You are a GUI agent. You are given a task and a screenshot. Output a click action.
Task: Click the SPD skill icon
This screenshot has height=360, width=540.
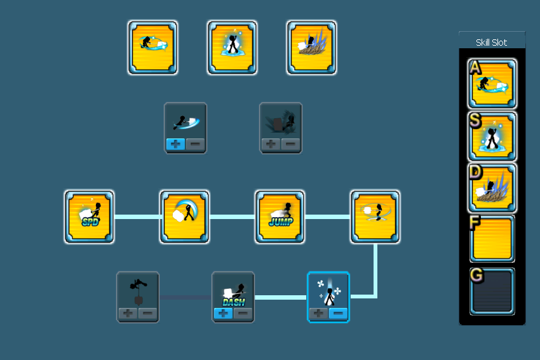[89, 217]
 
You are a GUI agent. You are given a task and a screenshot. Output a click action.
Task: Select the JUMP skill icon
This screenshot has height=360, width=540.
[280, 217]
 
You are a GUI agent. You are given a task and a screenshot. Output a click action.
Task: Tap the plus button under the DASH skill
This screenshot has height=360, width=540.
[223, 314]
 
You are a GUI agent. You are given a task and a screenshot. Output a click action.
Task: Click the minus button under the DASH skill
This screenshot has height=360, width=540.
[243, 314]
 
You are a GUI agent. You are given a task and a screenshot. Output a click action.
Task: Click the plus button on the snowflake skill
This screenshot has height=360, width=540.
[318, 314]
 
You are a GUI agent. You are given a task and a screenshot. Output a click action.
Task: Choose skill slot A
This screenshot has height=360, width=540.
[492, 84]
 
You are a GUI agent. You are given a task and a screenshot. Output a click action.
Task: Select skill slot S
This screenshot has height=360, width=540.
[492, 137]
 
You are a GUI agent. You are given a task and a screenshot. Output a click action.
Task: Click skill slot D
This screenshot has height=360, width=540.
[492, 188]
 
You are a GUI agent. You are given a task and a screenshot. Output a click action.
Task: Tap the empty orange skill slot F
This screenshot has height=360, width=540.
[492, 239]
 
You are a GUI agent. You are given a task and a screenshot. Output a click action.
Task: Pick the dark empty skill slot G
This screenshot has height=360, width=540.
[492, 291]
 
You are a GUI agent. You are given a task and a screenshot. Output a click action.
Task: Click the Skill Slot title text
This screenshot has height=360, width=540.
[492, 43]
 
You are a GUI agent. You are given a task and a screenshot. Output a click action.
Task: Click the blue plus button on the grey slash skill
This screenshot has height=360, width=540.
[175, 144]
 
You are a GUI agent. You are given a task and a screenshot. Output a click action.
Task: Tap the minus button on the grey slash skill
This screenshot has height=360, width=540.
[195, 144]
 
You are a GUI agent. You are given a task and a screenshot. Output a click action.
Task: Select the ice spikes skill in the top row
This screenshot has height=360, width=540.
[312, 47]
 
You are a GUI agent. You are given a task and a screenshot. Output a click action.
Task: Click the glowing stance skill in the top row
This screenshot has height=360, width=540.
[232, 47]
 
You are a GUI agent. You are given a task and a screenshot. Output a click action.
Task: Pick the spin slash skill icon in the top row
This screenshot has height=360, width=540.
[153, 47]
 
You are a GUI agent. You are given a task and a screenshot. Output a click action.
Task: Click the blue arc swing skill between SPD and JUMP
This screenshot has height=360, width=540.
[185, 217]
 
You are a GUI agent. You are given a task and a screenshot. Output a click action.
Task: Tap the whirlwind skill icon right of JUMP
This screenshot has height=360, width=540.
[375, 217]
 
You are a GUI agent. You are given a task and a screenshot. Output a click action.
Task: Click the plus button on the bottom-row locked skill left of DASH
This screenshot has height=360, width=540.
[128, 314]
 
